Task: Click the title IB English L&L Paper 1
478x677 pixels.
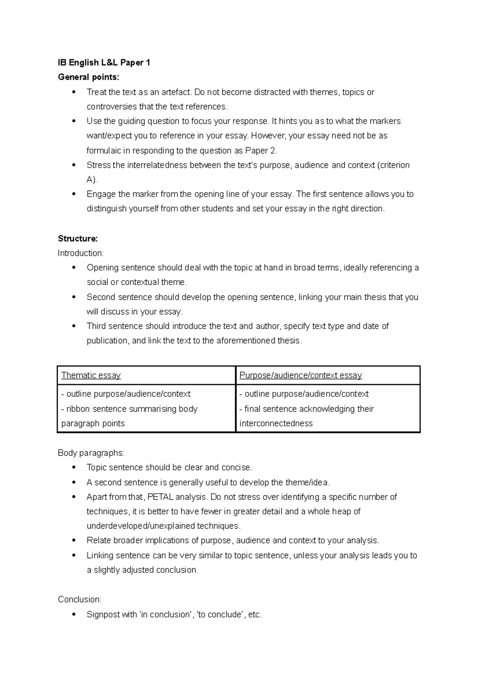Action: (x=104, y=63)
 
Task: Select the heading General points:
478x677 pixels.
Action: (x=88, y=77)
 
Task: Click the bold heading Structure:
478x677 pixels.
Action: (x=78, y=239)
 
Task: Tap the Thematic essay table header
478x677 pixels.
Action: (x=91, y=376)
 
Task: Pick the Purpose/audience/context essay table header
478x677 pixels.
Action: (x=300, y=376)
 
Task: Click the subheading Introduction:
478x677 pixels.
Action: (x=80, y=253)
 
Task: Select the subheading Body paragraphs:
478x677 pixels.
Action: (x=91, y=453)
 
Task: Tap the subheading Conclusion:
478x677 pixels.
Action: (x=80, y=600)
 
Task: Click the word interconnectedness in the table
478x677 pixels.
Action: (x=276, y=423)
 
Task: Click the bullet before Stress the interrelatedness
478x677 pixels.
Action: (x=74, y=165)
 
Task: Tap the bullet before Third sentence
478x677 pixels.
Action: (x=74, y=326)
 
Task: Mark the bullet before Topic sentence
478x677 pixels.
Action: (x=74, y=468)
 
